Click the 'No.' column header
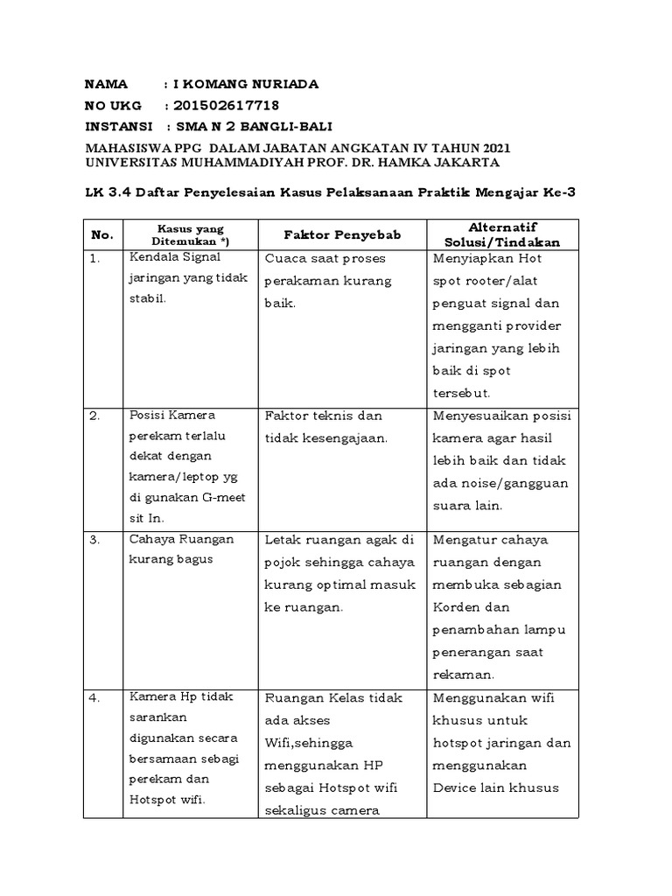(102, 234)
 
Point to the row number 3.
(95, 540)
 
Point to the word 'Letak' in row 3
(283, 540)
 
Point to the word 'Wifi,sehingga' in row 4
(305, 743)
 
